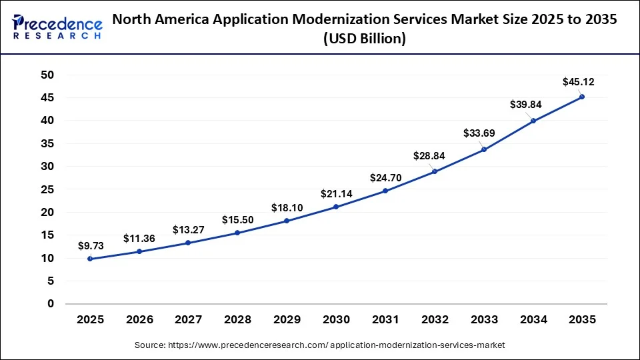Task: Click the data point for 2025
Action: (x=90, y=259)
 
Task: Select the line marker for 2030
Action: (x=336, y=207)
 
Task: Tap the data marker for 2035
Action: (x=582, y=97)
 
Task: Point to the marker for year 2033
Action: (x=483, y=149)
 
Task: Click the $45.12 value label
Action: (x=579, y=82)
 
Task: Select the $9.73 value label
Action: (x=90, y=245)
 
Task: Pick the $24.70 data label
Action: (x=385, y=178)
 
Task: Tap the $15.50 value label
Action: (x=237, y=219)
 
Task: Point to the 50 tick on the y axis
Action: (x=47, y=75)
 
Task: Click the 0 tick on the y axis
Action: (x=50, y=304)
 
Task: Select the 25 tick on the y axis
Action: (x=47, y=189)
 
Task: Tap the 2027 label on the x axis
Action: (x=188, y=320)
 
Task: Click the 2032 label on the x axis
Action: (x=434, y=320)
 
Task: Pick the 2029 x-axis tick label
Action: (x=287, y=320)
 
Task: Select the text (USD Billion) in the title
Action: (x=365, y=39)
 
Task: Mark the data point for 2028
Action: (x=237, y=233)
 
